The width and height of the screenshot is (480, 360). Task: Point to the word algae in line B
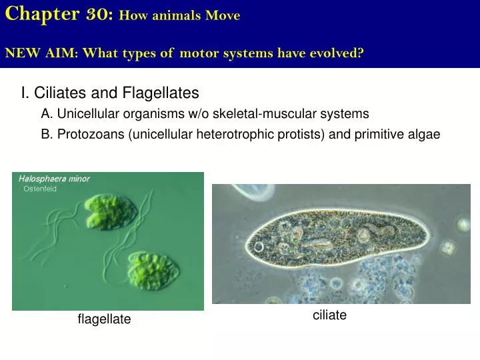coord(424,134)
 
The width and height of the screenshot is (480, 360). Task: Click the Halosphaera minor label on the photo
coord(54,179)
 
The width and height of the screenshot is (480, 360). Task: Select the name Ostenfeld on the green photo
coord(41,189)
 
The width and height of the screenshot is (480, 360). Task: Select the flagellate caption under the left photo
coord(104,320)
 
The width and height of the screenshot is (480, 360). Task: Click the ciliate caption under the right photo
coord(329,315)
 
